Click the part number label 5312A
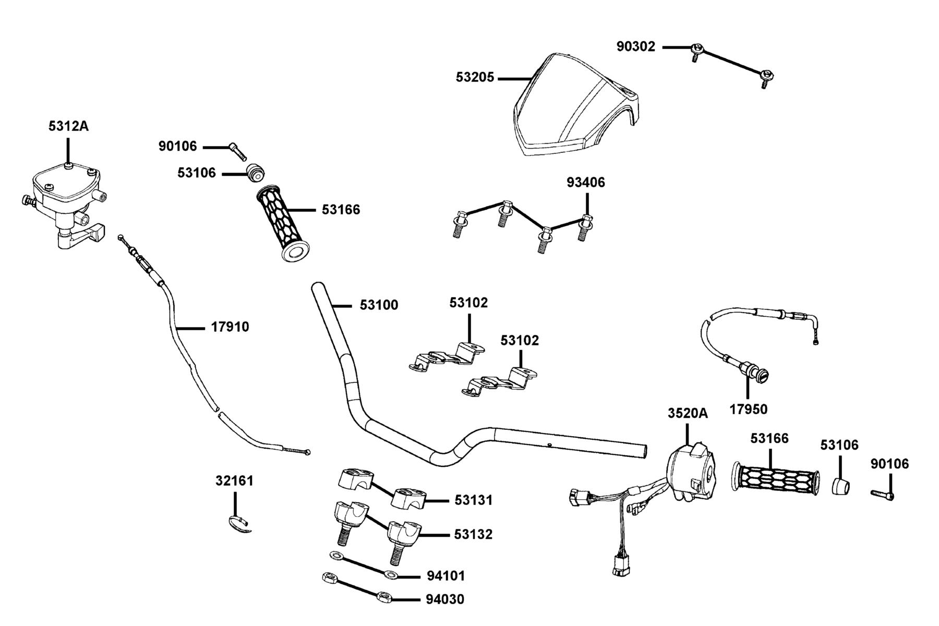pyautogui.click(x=68, y=126)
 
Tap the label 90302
pyautogui.click(x=635, y=46)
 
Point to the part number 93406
pyautogui.click(x=586, y=183)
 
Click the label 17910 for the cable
pyautogui.click(x=230, y=327)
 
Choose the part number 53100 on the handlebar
pyautogui.click(x=379, y=305)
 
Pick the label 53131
pyautogui.click(x=473, y=500)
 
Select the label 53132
pyautogui.click(x=473, y=535)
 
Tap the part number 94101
pyautogui.click(x=446, y=576)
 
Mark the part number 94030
pyautogui.click(x=444, y=599)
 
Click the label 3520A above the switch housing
pyautogui.click(x=688, y=414)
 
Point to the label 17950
pyautogui.click(x=748, y=410)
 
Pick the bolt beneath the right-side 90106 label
pyautogui.click(x=882, y=494)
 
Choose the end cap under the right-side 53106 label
pyautogui.click(x=840, y=486)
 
